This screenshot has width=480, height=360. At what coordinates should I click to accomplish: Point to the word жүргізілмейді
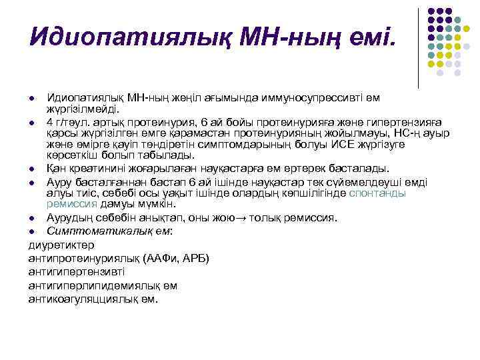tap(83, 108)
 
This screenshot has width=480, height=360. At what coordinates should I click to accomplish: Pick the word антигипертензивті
tap(77, 271)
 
